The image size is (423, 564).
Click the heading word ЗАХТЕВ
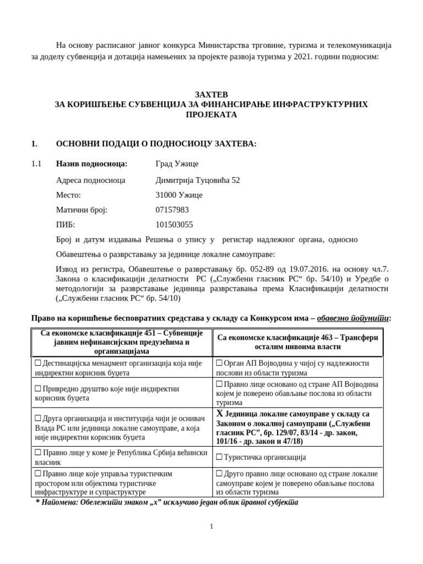point(211,94)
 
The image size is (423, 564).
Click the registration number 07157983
point(172,210)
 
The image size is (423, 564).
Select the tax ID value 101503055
point(175,225)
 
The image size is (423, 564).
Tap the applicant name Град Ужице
point(177,164)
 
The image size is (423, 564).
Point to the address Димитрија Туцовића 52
point(198,180)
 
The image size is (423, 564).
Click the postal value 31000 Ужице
point(180,195)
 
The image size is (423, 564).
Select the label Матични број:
point(82,210)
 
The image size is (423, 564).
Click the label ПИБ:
point(66,225)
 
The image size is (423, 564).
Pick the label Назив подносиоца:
point(91,164)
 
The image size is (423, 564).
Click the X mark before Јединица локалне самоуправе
point(219,414)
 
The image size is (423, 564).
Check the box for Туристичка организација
point(219,457)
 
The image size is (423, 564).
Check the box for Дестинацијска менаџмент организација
point(38,364)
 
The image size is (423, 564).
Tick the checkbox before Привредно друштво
point(38,388)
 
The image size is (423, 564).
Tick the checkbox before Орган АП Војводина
point(219,364)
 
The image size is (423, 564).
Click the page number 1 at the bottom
point(211,527)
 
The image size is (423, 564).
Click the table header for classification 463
point(298,343)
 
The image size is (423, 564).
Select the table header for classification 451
point(119,343)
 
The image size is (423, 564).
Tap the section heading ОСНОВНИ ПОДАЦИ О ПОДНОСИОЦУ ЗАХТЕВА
point(156,144)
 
